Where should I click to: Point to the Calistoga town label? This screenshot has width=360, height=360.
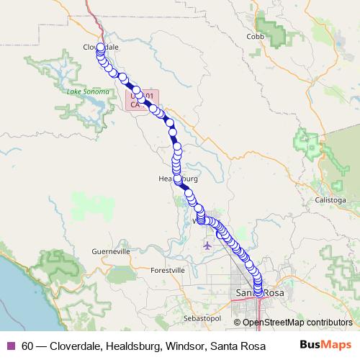point(330,199)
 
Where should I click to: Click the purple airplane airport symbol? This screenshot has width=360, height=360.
point(208,246)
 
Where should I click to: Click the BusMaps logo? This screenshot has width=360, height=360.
point(325,345)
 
